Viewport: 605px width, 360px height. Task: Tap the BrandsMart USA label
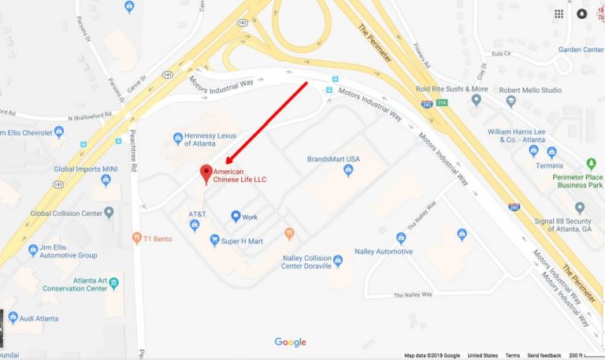pyautogui.click(x=333, y=159)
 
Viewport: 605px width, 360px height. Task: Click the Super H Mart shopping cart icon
pyautogui.click(x=214, y=239)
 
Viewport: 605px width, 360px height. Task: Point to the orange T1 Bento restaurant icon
pyautogui.click(x=137, y=237)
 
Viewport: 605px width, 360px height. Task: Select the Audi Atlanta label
pyautogui.click(x=39, y=318)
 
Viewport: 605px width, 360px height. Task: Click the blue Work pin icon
pyautogui.click(x=236, y=216)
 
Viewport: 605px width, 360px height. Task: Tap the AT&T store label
pyautogui.click(x=197, y=214)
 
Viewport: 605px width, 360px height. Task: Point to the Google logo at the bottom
pyautogui.click(x=290, y=342)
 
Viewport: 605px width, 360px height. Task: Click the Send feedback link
pyautogui.click(x=544, y=355)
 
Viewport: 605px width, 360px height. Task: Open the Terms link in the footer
pyautogui.click(x=512, y=355)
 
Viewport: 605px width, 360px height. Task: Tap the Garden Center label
pyautogui.click(x=581, y=49)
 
